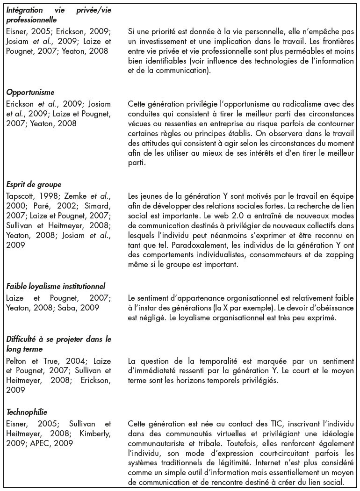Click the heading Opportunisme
pyautogui.click(x=30, y=93)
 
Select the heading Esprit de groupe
pyautogui.click(x=34, y=184)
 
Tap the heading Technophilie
pyautogui.click(x=27, y=412)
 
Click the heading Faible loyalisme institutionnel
pyautogui.click(x=56, y=286)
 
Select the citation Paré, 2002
pyautogui.click(x=49, y=206)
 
